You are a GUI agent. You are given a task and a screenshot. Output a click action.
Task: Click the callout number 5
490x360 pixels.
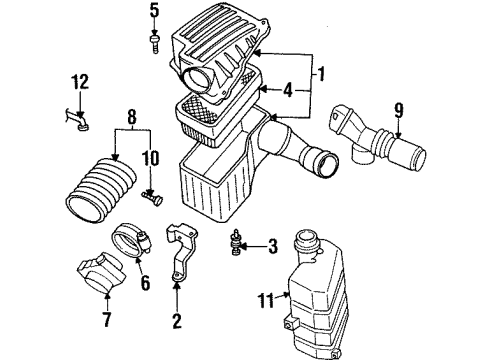pos(155,11)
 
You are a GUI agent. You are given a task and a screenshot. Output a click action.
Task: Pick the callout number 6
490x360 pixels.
pos(146,285)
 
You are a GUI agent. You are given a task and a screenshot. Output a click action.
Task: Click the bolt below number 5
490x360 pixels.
pos(155,42)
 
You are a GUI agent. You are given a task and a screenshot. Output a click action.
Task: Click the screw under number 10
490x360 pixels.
pos(153,197)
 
